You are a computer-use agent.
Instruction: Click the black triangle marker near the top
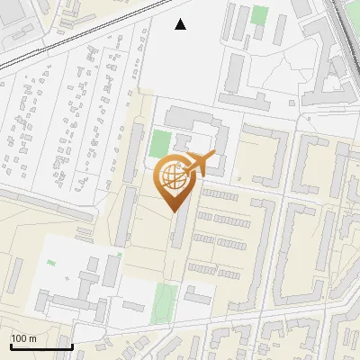click(x=181, y=24)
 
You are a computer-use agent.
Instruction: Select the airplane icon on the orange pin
click(x=200, y=163)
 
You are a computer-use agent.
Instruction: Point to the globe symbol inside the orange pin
click(x=173, y=175)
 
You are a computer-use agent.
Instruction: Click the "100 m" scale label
click(x=24, y=337)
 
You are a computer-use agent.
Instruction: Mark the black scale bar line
click(x=41, y=346)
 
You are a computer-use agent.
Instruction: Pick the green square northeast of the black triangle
click(x=260, y=15)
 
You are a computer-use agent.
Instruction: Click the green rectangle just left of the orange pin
click(x=159, y=142)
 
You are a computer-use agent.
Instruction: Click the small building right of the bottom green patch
click(x=198, y=294)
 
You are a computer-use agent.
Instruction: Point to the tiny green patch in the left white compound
click(x=51, y=263)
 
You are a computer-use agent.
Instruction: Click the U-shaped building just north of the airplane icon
click(x=193, y=126)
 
